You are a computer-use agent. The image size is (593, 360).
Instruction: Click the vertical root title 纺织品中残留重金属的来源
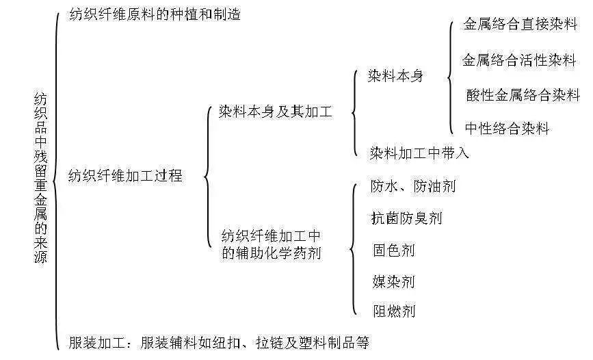pyautogui.click(x=40, y=177)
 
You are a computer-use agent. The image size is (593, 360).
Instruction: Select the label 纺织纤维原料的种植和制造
pyautogui.click(x=155, y=14)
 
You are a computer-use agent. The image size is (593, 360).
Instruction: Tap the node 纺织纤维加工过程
pyautogui.click(x=125, y=176)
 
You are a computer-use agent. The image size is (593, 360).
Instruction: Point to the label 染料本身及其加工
pyautogui.click(x=276, y=112)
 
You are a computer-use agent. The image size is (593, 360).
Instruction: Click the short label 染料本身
pyautogui.click(x=395, y=76)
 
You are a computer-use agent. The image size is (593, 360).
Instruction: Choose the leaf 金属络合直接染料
pyautogui.click(x=520, y=24)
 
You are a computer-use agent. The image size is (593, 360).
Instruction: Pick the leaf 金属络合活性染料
pyautogui.click(x=519, y=60)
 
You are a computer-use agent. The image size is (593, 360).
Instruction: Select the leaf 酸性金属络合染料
pyautogui.click(x=523, y=94)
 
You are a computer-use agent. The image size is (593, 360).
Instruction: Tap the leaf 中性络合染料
pyautogui.click(x=507, y=129)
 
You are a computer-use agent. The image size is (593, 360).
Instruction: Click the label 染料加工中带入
pyautogui.click(x=419, y=153)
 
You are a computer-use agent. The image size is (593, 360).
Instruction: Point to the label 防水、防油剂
pyautogui.click(x=413, y=186)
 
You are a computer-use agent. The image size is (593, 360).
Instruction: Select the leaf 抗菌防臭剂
pyautogui.click(x=406, y=218)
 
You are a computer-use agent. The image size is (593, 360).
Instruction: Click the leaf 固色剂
pyautogui.click(x=394, y=250)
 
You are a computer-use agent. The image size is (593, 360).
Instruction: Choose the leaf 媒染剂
pyautogui.click(x=394, y=282)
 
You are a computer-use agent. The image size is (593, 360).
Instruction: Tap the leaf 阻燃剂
pyautogui.click(x=394, y=311)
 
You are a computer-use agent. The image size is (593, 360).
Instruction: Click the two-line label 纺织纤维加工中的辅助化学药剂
pyautogui.click(x=271, y=244)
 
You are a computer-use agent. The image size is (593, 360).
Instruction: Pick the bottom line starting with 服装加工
pyautogui.click(x=219, y=342)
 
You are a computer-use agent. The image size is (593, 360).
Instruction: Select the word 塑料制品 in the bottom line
pyautogui.click(x=327, y=342)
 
